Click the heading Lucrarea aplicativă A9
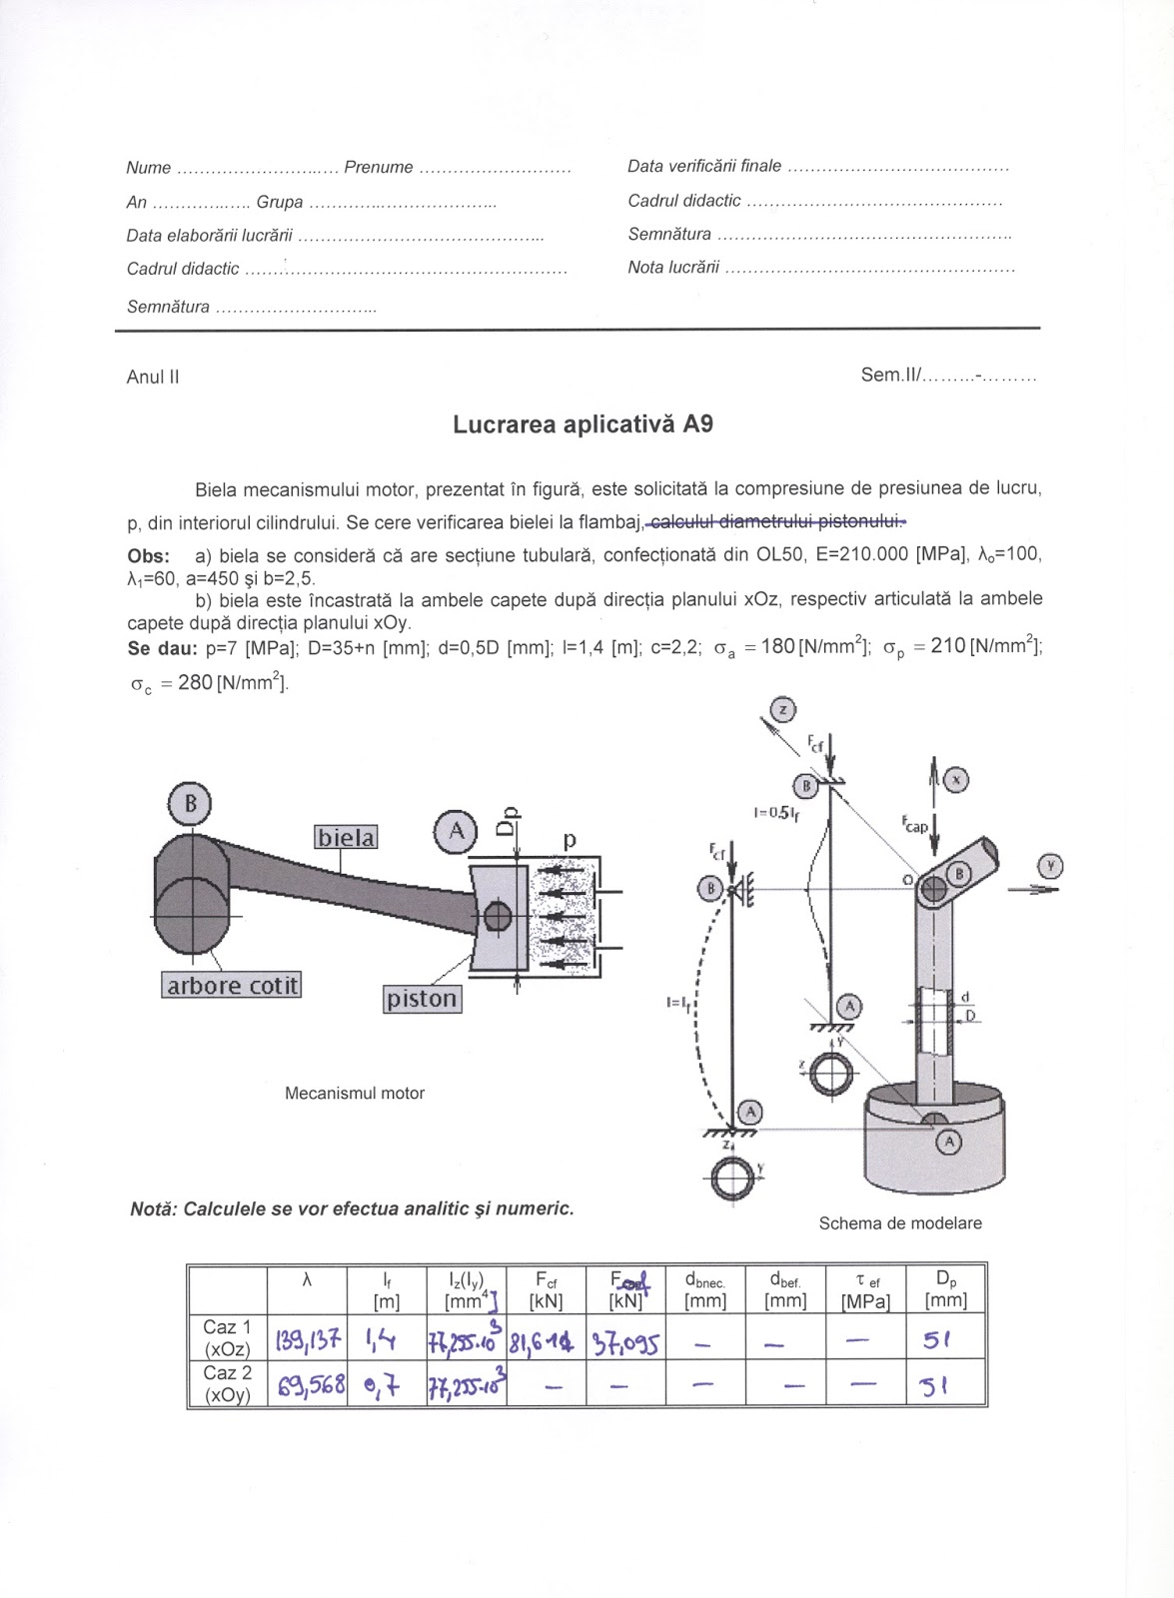point(583,424)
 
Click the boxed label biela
point(347,837)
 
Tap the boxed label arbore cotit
point(231,986)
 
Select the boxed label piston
point(423,999)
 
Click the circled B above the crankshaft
point(190,804)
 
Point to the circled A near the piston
point(457,831)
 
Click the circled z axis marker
point(784,710)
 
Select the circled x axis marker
point(956,780)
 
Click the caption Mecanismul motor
point(355,1094)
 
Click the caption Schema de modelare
point(899,1223)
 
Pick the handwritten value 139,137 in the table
point(308,1339)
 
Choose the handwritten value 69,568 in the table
point(307,1385)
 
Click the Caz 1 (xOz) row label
point(227,1338)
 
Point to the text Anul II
point(153,378)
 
